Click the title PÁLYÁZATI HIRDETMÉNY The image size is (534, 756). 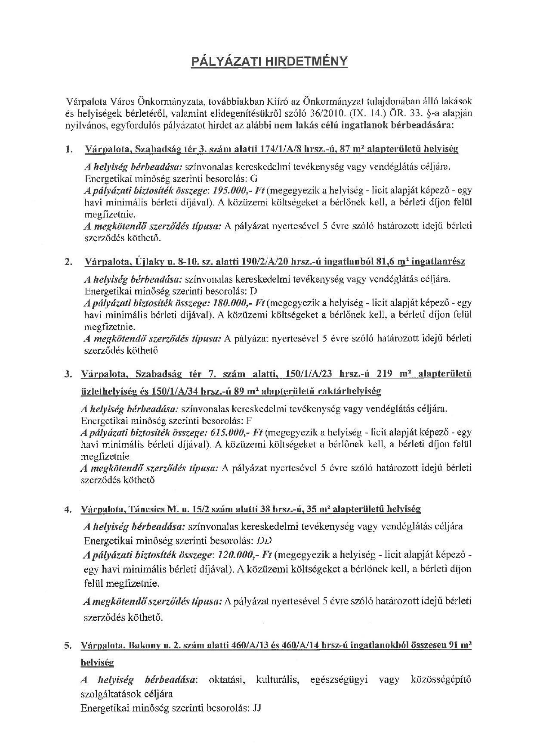[269, 62]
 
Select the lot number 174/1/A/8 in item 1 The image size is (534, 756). [281, 149]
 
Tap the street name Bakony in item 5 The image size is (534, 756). [145, 645]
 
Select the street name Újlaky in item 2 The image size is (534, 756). [149, 261]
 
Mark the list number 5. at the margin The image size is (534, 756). [68, 645]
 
